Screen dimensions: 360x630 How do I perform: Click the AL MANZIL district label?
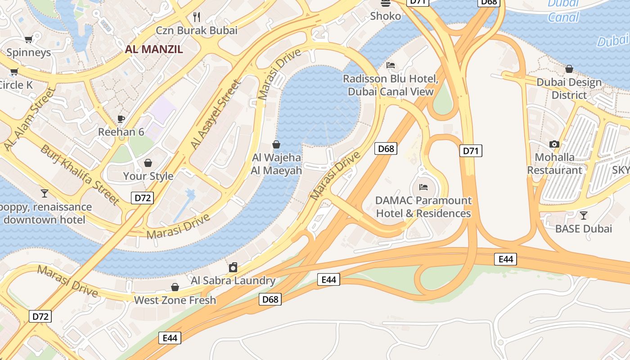154,49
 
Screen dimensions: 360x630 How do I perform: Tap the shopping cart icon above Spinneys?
28,40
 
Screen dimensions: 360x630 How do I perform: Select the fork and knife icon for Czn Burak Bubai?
197,17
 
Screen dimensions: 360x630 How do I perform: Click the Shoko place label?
385,16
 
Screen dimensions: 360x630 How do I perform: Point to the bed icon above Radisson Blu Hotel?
391,65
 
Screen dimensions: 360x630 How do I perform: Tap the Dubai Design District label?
569,89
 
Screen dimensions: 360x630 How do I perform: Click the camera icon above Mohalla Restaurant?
554,144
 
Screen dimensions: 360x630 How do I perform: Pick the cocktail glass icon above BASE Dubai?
584,215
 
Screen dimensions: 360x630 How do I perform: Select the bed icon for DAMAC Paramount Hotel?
423,187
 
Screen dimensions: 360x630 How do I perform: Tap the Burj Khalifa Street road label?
80,175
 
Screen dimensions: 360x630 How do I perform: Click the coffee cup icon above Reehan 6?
121,119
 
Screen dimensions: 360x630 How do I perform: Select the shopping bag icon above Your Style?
148,163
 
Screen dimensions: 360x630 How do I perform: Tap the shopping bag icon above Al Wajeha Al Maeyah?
276,144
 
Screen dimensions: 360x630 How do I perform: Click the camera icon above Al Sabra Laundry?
233,267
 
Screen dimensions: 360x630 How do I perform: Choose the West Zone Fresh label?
175,300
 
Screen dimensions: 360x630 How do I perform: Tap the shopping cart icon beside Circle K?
14,72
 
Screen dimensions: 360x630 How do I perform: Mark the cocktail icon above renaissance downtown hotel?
44,193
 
